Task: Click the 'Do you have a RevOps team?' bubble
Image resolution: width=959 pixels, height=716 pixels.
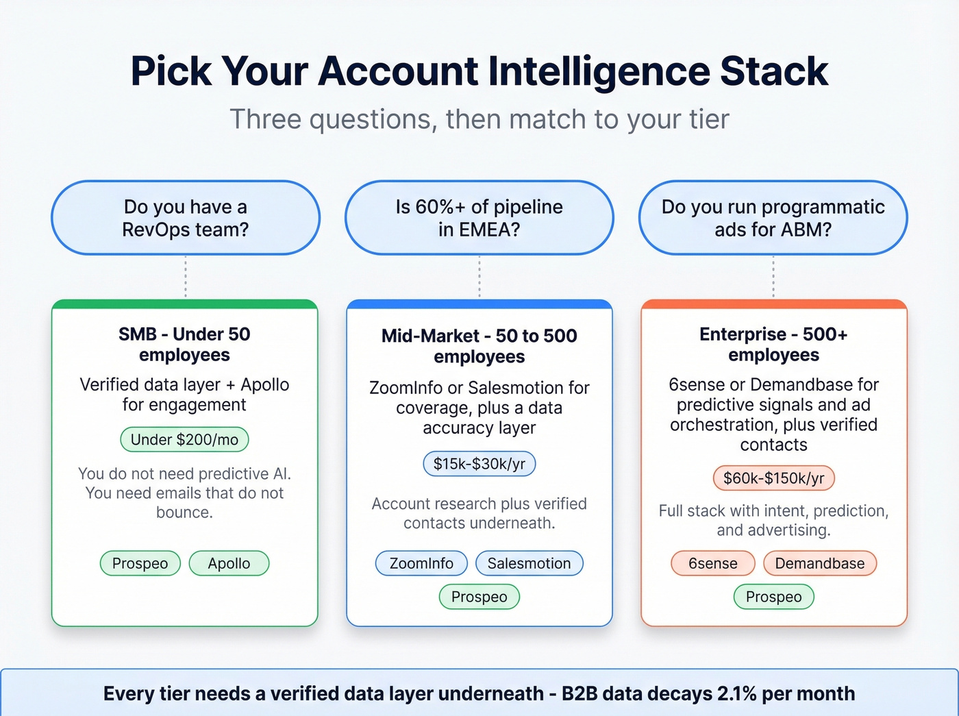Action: (185, 218)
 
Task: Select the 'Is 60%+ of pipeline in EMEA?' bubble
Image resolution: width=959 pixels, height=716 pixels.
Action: (479, 218)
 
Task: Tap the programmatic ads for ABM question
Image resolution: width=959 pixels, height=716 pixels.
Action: (773, 218)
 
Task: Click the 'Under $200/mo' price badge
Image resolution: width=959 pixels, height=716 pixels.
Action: (184, 440)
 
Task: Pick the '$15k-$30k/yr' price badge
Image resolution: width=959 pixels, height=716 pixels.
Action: (479, 464)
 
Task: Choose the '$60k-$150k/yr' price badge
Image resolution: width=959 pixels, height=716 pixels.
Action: (773, 478)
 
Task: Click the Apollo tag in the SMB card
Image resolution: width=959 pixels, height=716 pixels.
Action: (229, 563)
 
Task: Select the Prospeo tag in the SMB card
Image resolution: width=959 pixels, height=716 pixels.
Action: (140, 563)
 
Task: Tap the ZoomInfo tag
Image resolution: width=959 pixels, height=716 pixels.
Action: (421, 563)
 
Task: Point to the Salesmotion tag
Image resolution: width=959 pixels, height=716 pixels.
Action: (529, 563)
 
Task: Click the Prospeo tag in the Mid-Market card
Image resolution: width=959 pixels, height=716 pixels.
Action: (479, 597)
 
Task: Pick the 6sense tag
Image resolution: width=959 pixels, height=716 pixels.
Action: (712, 563)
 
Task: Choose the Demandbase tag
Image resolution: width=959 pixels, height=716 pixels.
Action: (819, 563)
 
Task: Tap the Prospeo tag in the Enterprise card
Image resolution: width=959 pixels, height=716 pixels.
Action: (773, 597)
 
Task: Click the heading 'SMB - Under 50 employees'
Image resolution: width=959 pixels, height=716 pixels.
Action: (184, 345)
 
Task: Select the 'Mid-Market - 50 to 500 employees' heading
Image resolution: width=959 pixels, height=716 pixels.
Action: (479, 346)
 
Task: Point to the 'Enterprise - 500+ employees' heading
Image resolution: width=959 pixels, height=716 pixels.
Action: (773, 345)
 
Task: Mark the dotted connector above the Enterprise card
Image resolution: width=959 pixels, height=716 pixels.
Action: (773, 277)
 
